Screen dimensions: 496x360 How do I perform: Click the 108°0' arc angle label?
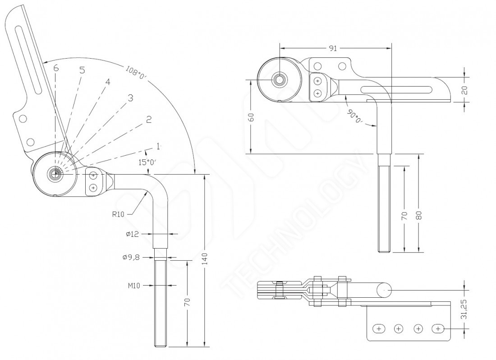pos(136,73)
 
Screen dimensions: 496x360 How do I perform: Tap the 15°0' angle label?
pos(147,162)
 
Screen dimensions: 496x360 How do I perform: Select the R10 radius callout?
pos(118,214)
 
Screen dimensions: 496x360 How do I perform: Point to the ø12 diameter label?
pos(132,234)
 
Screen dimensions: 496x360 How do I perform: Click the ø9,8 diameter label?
pos(131,257)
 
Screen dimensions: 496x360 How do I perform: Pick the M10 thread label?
pos(134,286)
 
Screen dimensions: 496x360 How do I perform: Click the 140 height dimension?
pos(205,259)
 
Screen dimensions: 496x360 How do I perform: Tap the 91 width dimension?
pos(333,48)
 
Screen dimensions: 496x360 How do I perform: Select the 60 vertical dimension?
pos(251,117)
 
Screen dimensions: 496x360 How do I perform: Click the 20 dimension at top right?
pos(464,90)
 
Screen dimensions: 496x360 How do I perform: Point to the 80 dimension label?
pos(419,216)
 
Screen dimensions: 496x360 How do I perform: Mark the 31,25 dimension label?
pos(464,309)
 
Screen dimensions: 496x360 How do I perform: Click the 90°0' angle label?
pos(354,116)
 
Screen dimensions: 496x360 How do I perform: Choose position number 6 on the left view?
pos(56,68)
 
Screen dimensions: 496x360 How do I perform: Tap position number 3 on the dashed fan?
pos(130,98)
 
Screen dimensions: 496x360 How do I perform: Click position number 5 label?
pos(82,70)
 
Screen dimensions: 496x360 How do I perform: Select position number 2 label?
pos(149,119)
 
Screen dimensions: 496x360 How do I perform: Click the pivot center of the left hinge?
pos(55,173)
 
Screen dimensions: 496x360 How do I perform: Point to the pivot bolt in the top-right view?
pos(279,80)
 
